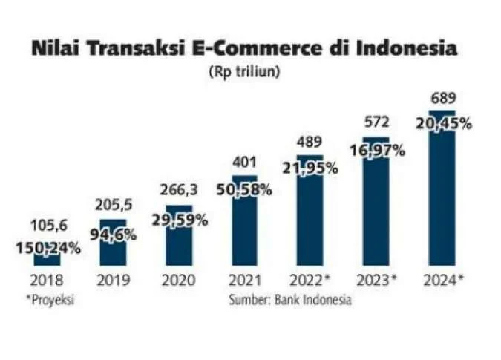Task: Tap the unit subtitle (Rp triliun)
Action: [x=243, y=72]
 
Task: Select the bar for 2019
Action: [x=113, y=249]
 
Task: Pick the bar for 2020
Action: [x=178, y=241]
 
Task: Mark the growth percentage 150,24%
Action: [x=48, y=247]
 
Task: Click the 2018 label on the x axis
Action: [x=48, y=281]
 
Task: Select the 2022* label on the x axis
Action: [x=310, y=281]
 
